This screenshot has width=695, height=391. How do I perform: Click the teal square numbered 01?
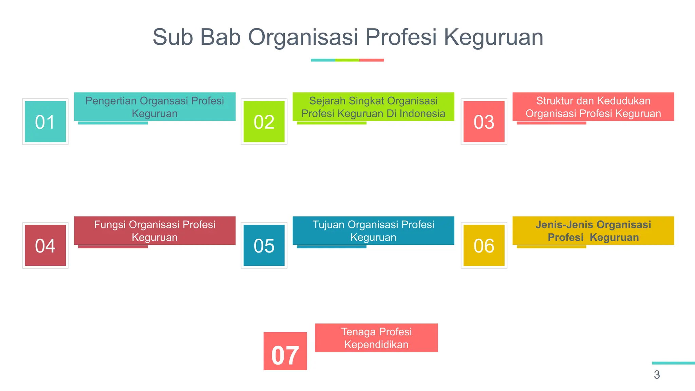point(45,122)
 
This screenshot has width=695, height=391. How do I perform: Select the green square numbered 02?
point(264,122)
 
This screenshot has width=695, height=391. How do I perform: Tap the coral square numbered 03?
point(484,122)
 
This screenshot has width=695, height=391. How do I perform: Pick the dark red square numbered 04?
point(45,245)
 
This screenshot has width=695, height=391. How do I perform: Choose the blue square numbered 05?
point(264,245)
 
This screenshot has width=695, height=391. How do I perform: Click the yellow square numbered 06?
point(484,245)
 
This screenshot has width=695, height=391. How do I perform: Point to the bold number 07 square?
point(285,351)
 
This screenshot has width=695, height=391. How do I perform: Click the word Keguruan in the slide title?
point(493,37)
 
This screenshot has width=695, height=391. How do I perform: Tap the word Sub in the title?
point(172,37)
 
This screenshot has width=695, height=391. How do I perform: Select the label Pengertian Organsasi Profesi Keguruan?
point(155,107)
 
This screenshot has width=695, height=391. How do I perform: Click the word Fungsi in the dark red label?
point(110,225)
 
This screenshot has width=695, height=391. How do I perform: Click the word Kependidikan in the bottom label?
point(376,345)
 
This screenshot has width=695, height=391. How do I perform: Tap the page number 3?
point(657,375)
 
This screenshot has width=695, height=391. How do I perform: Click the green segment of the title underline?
point(347,60)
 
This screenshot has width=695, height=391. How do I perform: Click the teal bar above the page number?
point(673,363)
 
